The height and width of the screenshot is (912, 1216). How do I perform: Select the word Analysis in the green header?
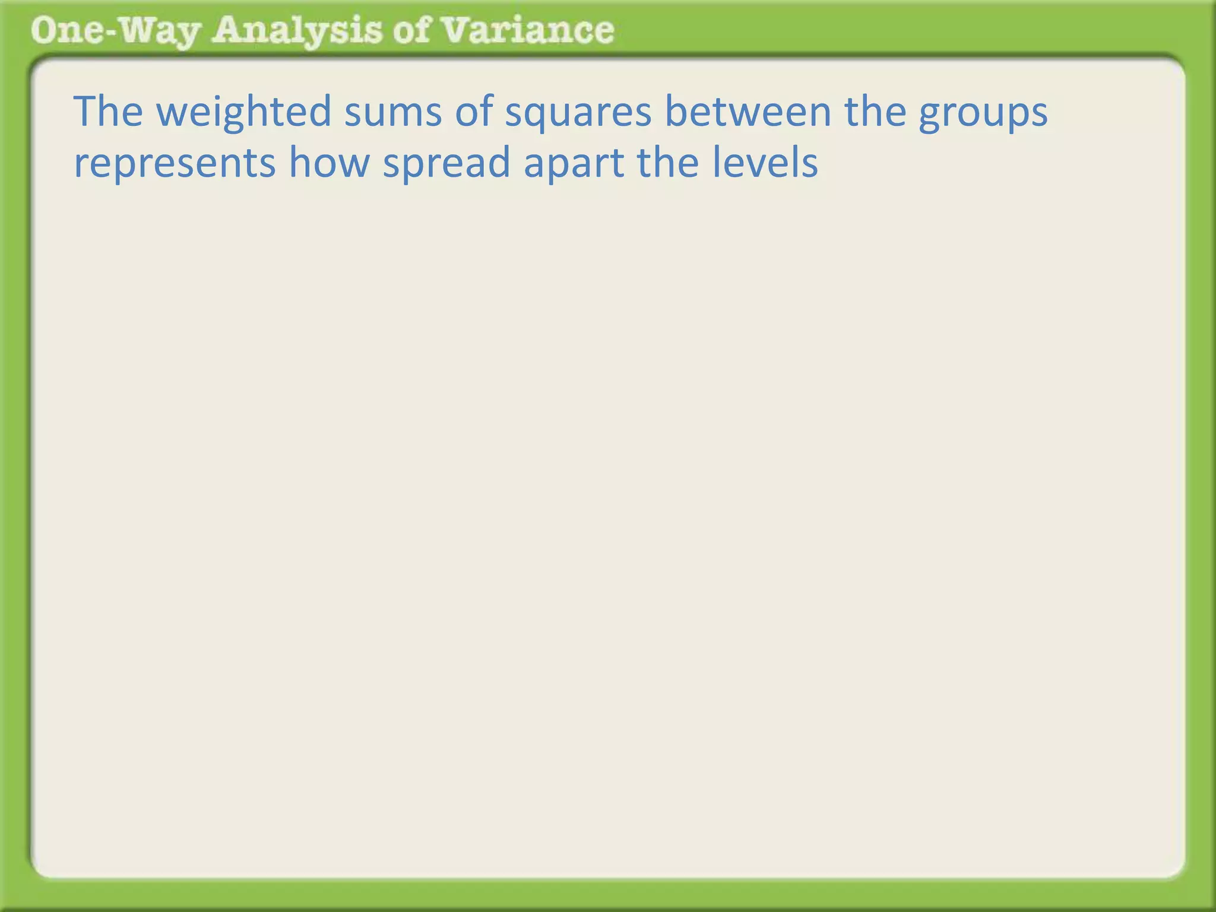pyautogui.click(x=297, y=31)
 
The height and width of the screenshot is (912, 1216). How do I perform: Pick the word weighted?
pyautogui.click(x=244, y=112)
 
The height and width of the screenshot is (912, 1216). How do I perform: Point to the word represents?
pyautogui.click(x=175, y=163)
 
